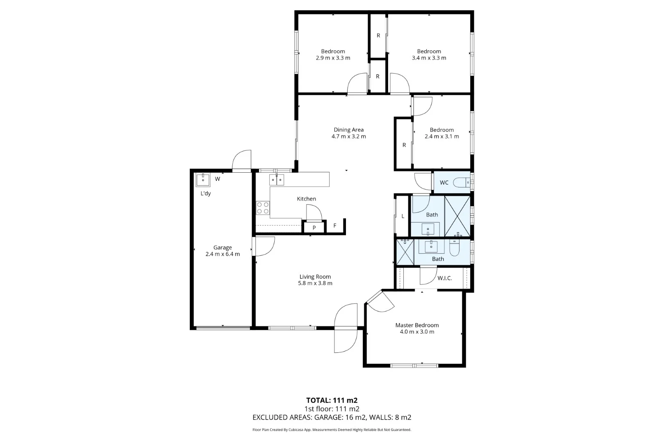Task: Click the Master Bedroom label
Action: [x=417, y=325]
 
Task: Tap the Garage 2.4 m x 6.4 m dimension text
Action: [x=223, y=254]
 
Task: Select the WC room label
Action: [x=444, y=183]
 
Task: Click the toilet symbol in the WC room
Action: [x=462, y=183]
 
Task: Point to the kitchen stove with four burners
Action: [x=263, y=208]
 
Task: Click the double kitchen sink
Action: [x=277, y=180]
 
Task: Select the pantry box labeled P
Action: [x=314, y=228]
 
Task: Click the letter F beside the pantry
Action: [x=335, y=226]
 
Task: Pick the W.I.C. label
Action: [x=444, y=278]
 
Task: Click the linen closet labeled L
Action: [x=402, y=216]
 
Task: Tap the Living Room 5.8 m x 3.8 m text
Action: [x=315, y=283]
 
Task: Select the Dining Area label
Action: [x=348, y=130]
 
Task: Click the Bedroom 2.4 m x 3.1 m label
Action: [x=441, y=133]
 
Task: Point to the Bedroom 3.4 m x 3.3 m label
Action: [x=429, y=54]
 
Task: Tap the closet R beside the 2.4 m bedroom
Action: [x=404, y=145]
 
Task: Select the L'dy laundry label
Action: [x=206, y=194]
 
